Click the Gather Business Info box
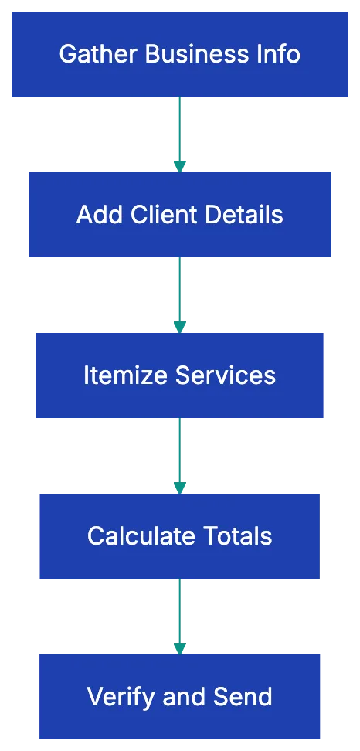179,54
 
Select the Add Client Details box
179,215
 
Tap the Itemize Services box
179,375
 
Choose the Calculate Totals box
179,535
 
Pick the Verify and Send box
179,696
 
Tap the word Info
279,54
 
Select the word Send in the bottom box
244,696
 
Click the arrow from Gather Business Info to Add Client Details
179,133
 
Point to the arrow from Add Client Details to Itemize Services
179,294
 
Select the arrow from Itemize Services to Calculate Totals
179,454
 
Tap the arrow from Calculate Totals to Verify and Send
179,615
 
